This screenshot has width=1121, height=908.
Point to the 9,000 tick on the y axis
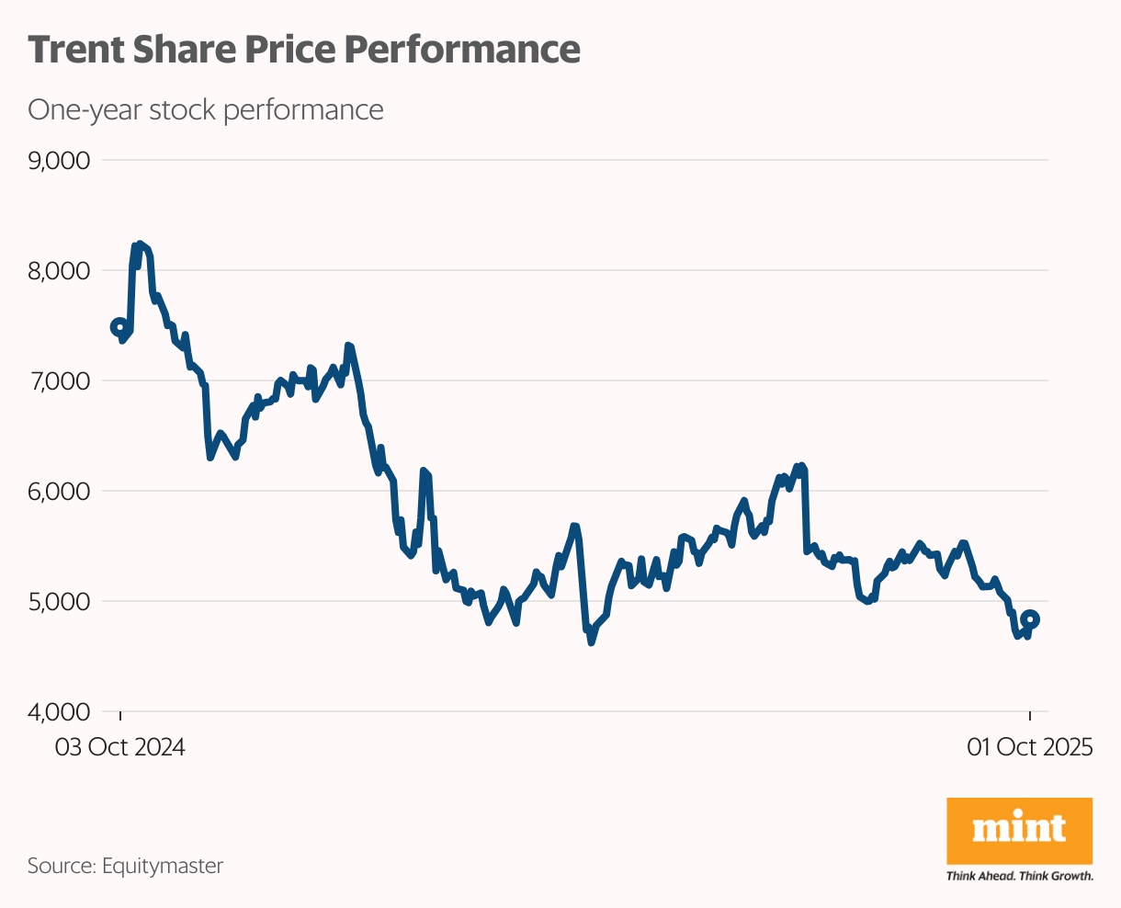tap(58, 161)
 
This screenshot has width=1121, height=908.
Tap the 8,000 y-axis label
tap(58, 271)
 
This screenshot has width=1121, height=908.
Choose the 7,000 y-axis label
tap(58, 380)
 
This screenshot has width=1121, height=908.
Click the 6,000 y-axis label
tap(58, 491)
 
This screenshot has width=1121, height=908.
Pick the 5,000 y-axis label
tap(58, 601)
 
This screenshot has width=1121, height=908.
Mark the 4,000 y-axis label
tap(58, 711)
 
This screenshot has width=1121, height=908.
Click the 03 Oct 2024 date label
tap(120, 747)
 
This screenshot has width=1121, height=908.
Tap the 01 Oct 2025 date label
tap(1030, 747)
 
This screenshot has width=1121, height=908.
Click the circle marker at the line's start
tap(119, 327)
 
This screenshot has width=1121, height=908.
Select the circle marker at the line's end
tap(1031, 619)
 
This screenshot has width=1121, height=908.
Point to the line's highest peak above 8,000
tap(139, 244)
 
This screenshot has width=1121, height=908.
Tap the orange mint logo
tap(1019, 830)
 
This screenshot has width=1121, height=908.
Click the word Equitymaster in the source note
tap(163, 866)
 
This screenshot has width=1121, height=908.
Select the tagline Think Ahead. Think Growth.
tap(1019, 876)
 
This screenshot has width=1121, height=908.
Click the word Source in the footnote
tap(60, 866)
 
